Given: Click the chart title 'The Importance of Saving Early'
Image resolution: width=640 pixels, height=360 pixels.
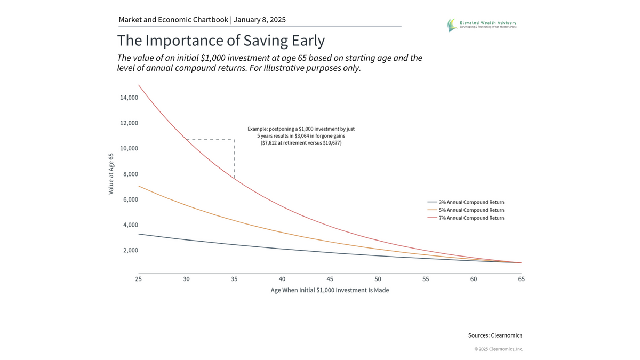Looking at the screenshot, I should [x=221, y=41].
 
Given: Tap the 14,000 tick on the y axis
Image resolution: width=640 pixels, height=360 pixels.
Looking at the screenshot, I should [x=126, y=98].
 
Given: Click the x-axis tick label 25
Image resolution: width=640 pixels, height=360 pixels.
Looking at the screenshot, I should [x=138, y=279].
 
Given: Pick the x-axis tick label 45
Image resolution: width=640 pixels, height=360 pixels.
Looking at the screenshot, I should [x=330, y=279].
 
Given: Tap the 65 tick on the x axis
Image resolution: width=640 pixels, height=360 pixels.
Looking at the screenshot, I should [x=521, y=279].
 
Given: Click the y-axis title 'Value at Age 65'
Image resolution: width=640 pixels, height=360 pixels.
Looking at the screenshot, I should [x=111, y=174].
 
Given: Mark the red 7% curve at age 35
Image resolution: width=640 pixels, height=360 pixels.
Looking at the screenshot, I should [x=234, y=178].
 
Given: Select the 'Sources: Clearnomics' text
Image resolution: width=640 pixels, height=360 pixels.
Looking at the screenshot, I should [x=495, y=335].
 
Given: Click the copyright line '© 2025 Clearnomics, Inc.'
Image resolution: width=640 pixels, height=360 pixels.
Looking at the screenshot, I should [x=499, y=349].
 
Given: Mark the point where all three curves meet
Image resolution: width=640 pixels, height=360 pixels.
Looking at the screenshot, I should [x=521, y=262].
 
